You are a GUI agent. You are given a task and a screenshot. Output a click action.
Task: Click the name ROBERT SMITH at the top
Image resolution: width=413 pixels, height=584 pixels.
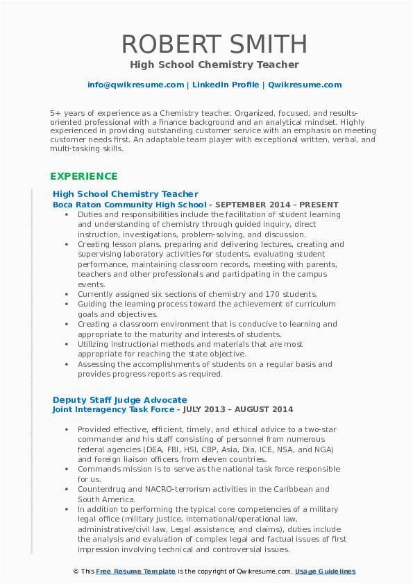point(214,43)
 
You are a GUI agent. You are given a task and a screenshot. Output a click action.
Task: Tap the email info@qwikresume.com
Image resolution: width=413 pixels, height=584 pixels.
point(136,85)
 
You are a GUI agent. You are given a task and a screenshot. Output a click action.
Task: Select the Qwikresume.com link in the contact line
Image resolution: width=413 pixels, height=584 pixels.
point(304,85)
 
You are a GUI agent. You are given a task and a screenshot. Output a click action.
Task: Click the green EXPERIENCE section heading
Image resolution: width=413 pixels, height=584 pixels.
point(83,176)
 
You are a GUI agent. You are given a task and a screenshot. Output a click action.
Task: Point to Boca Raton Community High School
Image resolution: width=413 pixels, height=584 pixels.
point(129,205)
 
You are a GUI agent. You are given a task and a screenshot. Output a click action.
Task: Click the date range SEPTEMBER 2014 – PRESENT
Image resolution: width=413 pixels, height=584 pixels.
point(276,205)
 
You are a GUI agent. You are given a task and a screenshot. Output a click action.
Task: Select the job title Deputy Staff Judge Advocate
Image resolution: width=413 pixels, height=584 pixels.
point(120,400)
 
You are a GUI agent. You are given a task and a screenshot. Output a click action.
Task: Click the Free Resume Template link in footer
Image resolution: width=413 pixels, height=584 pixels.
point(135,572)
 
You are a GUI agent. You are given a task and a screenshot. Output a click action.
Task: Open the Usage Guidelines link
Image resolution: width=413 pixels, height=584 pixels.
point(325,572)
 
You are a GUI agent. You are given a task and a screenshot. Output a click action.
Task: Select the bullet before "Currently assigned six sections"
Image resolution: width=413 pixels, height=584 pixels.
point(67,294)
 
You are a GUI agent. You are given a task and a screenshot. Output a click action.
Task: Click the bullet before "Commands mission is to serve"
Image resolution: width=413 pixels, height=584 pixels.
point(67,469)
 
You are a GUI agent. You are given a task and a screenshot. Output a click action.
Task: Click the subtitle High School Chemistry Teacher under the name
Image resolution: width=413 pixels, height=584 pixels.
point(214,65)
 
